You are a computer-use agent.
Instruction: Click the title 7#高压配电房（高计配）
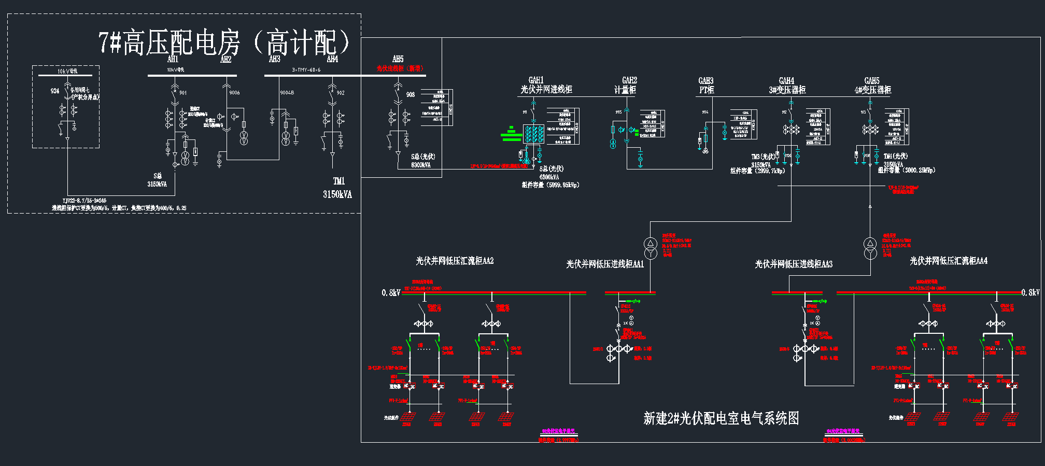pyautogui.click(x=224, y=43)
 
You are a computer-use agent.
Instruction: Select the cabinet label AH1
pyautogui.click(x=173, y=59)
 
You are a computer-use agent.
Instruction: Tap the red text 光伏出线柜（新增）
pyautogui.click(x=400, y=68)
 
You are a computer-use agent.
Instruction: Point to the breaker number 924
pyautogui.click(x=55, y=91)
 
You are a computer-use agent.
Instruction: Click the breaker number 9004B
pyautogui.click(x=287, y=93)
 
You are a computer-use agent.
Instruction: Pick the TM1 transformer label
pyautogui.click(x=338, y=181)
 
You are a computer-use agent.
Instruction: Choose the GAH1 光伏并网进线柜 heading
pyautogui.click(x=546, y=85)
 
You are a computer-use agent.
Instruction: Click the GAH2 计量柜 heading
pyautogui.click(x=625, y=85)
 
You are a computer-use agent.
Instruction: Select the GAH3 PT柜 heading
pyautogui.click(x=706, y=85)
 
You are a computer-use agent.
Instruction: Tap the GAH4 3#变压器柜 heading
pyautogui.click(x=787, y=85)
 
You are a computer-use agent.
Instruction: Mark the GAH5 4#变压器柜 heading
pyautogui.click(x=872, y=85)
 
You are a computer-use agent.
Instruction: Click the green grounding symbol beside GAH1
pyautogui.click(x=511, y=134)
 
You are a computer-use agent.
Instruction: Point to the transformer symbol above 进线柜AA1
pyautogui.click(x=651, y=248)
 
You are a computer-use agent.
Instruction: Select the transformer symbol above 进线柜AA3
pyautogui.click(x=870, y=248)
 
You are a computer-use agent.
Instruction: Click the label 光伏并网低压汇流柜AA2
pyautogui.click(x=455, y=261)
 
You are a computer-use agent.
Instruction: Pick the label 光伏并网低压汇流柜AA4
pyautogui.click(x=949, y=261)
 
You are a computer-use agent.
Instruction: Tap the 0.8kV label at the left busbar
pyautogui.click(x=391, y=293)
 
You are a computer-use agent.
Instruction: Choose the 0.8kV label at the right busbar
pyautogui.click(x=1030, y=293)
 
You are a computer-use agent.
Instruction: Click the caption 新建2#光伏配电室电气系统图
pyautogui.click(x=721, y=418)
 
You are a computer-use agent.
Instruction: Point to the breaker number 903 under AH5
pyautogui.click(x=411, y=94)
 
